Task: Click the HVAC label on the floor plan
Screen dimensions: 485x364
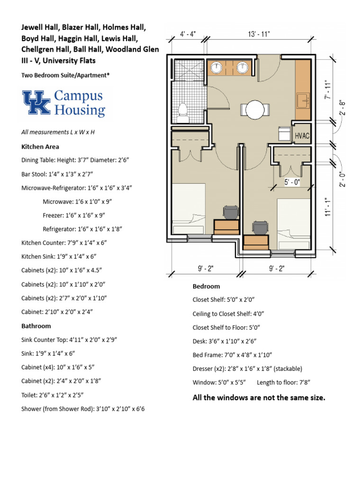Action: [x=301, y=136]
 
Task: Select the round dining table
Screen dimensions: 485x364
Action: [x=253, y=109]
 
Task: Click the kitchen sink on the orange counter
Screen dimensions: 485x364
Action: [x=302, y=101]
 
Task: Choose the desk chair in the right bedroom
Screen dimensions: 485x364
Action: [x=259, y=228]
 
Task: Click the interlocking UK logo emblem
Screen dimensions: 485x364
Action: [x=36, y=102]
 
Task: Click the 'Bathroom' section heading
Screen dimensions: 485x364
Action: [x=36, y=326]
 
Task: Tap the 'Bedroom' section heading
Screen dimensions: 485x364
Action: [x=206, y=286]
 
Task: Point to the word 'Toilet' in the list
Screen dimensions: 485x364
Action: [x=30, y=394]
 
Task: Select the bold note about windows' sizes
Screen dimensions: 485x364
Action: [x=259, y=397]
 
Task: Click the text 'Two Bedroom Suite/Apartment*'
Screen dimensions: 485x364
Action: [x=65, y=75]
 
